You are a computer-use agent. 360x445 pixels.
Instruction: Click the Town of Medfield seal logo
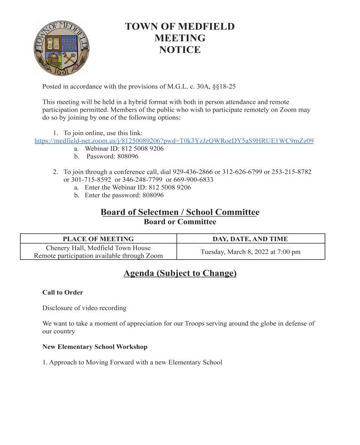[61, 48]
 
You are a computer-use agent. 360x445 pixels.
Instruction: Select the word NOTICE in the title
[180, 50]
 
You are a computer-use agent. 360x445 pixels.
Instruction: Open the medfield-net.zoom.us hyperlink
[174, 141]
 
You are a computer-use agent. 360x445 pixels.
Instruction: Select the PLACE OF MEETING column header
[98, 239]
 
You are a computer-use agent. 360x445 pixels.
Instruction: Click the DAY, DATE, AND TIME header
[250, 239]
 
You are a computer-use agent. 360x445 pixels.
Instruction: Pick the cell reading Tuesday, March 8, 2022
[250, 252]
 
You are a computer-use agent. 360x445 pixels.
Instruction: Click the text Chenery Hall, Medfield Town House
[98, 248]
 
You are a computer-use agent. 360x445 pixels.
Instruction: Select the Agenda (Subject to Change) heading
[180, 273]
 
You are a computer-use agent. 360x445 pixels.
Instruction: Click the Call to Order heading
[63, 292]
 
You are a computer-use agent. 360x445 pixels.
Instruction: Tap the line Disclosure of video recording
[84, 308]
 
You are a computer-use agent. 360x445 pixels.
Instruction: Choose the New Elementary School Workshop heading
[95, 347]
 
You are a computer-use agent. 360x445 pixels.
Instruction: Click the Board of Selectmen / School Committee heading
[180, 212]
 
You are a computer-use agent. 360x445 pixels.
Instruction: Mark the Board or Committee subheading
[180, 222]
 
